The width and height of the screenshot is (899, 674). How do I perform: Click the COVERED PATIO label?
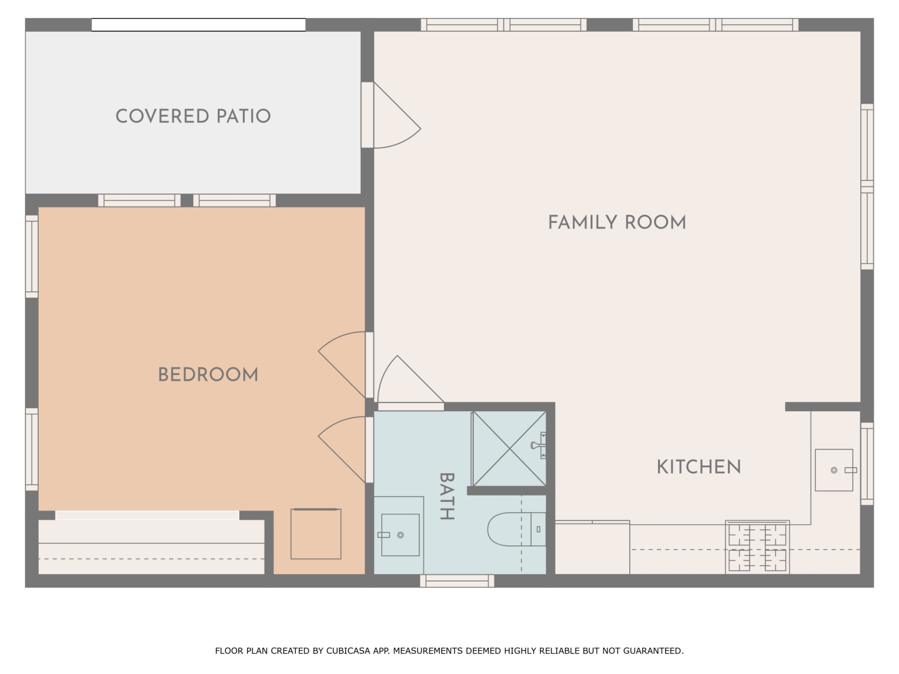pos(193,116)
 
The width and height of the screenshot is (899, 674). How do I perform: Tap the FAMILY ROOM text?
pos(617,223)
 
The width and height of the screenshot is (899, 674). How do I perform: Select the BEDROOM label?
pos(208,375)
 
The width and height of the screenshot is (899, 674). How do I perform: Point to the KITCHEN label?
pos(699,467)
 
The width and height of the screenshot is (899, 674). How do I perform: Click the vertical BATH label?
pos(447,496)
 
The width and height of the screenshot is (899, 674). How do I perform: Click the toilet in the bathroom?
pos(516,529)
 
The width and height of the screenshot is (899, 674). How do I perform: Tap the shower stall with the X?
pos(509,449)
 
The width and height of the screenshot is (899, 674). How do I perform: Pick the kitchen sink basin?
pos(834,470)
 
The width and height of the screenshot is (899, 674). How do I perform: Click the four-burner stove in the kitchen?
pos(757,547)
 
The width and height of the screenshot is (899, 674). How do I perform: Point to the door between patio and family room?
pos(391,115)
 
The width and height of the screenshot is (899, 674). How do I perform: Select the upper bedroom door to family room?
pos(346,364)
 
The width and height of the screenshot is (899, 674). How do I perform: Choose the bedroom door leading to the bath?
pos(346,450)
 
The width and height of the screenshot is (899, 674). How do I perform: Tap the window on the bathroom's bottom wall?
pos(457,580)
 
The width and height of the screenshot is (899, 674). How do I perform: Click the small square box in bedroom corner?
pos(316,534)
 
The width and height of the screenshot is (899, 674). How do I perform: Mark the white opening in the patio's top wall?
pos(199,25)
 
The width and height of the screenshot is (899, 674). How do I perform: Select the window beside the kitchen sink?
pos(867,464)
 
